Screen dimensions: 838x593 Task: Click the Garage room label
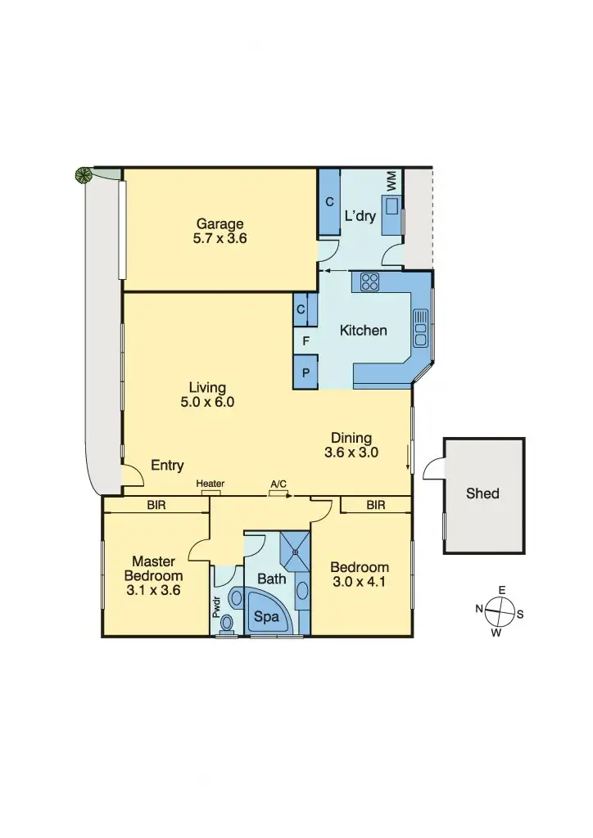pos(220,224)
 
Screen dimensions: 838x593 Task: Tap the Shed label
pos(482,493)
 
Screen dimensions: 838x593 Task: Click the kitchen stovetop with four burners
pos(370,282)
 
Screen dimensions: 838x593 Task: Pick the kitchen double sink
pos(422,327)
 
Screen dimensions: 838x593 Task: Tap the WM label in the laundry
pos(392,179)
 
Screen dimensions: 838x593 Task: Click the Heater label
pos(210,484)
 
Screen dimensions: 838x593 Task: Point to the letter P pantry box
pos(306,372)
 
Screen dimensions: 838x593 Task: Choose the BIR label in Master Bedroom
pos(156,506)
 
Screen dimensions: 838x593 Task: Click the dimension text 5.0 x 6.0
pos(207,402)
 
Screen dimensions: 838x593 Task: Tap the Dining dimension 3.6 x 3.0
pos(351,452)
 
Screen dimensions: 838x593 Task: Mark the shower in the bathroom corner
pos(294,546)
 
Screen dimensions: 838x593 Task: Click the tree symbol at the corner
pos(83,174)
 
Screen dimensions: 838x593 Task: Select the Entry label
pos(168,466)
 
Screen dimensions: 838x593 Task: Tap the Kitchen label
pos(364,331)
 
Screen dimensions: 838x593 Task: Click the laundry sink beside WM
pos(392,205)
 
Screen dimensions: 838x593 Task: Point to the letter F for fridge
pos(306,340)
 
